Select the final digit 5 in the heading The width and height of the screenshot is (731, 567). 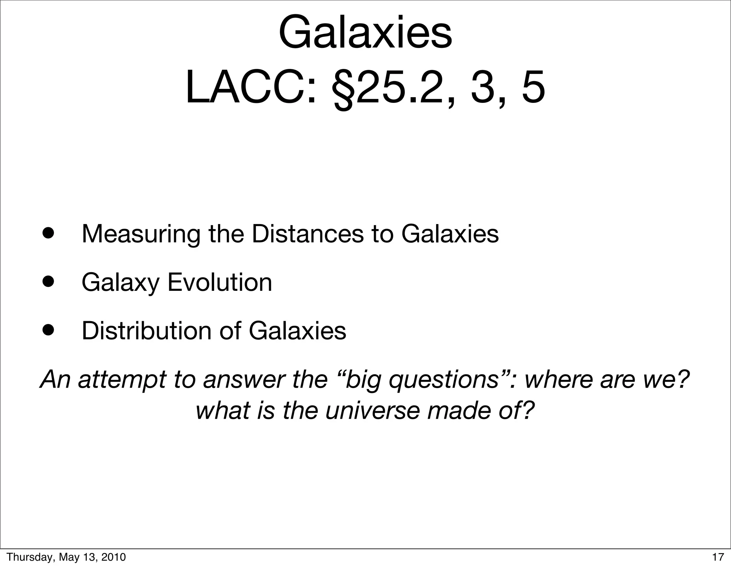(x=533, y=88)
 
